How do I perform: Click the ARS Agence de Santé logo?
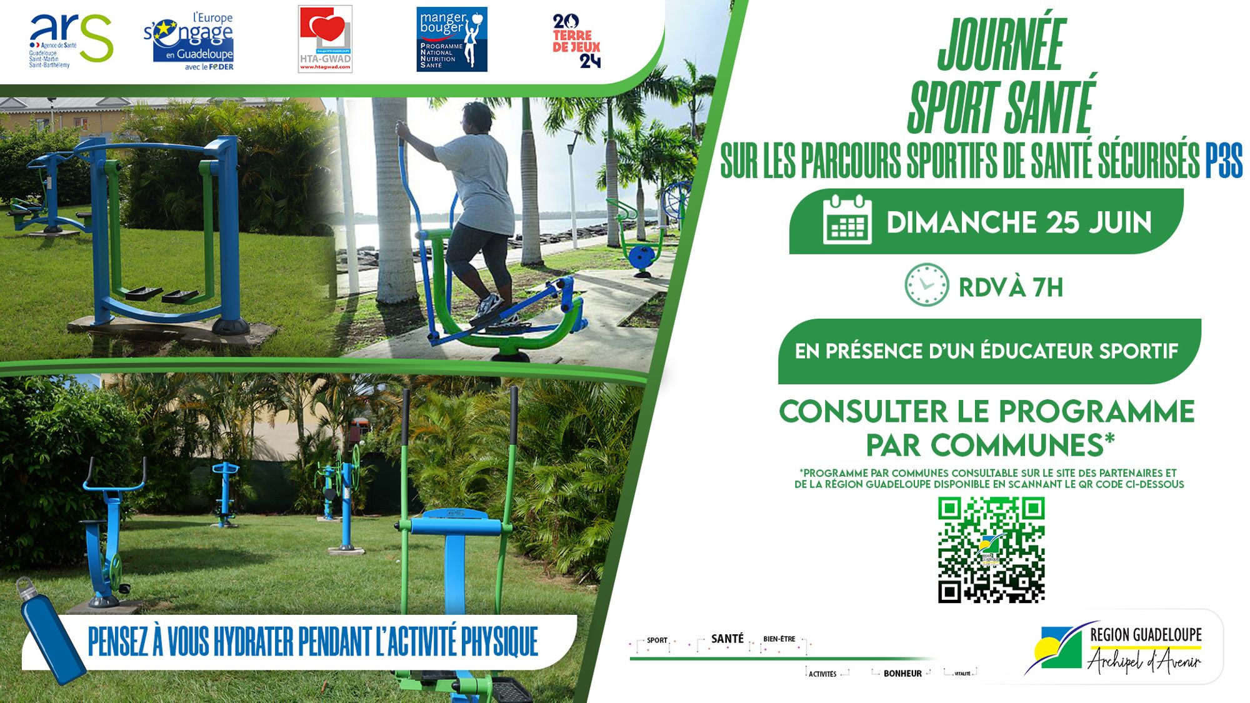(70, 40)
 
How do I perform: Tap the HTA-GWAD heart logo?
(325, 39)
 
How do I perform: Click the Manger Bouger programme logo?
(451, 39)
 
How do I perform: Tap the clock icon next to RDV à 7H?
(926, 285)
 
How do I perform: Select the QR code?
(991, 550)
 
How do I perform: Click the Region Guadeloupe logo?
(1119, 648)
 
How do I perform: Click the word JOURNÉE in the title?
(1001, 45)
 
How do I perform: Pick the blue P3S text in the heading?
(1224, 161)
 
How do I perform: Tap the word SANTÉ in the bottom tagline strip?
(727, 639)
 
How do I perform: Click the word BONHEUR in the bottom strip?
(902, 674)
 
